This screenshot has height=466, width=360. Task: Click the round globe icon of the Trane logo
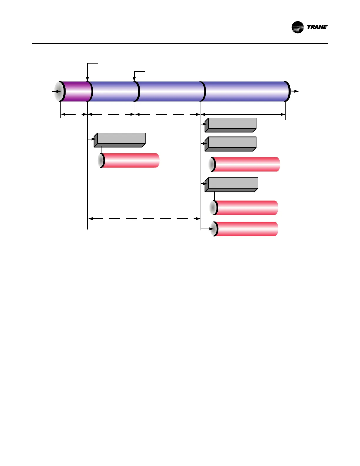coord(297,27)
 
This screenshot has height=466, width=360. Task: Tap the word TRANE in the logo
coord(317,27)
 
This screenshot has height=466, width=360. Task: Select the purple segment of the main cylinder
coord(75,91)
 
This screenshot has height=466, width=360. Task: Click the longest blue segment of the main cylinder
coord(245,91)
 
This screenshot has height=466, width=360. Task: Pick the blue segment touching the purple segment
coord(113,91)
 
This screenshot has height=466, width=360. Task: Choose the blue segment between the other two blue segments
coord(171,91)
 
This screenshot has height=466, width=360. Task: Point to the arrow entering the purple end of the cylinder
coord(56,91)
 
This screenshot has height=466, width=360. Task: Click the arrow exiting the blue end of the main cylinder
coord(295,91)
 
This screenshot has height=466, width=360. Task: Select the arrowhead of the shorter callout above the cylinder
coord(134,79)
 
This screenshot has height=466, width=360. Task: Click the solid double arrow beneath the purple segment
coord(74,114)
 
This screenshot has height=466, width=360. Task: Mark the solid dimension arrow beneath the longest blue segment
coord(243,114)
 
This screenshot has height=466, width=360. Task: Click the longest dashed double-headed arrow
coord(144,219)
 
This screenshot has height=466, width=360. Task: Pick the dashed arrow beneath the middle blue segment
coord(168,114)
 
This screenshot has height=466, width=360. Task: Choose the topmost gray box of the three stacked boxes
coord(231,125)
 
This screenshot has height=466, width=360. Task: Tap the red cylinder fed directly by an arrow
coord(246,229)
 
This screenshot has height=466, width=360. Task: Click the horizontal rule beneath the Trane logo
coord(180,44)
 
